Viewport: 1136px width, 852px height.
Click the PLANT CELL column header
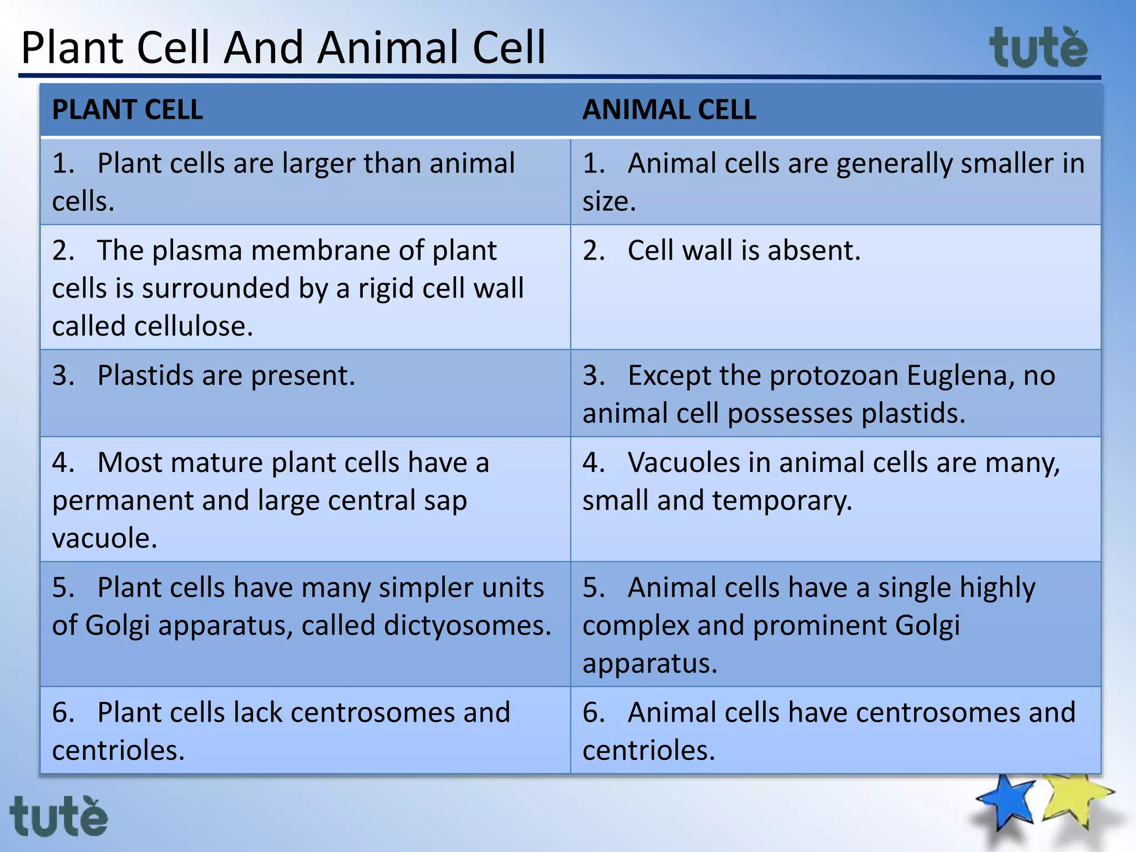(127, 110)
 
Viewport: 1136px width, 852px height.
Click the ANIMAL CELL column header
(669, 110)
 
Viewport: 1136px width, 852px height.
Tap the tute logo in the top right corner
(1038, 49)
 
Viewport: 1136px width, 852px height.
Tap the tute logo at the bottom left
(58, 816)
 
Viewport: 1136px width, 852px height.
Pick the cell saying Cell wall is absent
(743, 251)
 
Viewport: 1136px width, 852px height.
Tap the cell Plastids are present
(226, 376)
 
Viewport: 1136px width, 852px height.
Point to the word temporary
(782, 501)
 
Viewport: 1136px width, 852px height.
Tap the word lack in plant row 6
(258, 713)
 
